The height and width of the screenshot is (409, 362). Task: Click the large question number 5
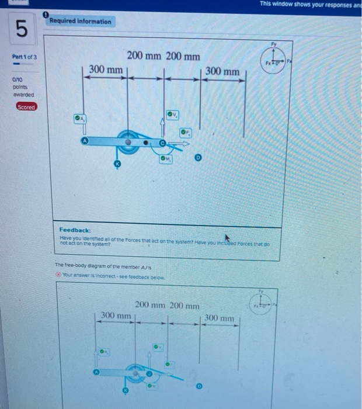point(21,29)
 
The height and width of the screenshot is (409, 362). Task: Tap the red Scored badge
point(26,107)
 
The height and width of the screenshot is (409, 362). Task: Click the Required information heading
point(80,22)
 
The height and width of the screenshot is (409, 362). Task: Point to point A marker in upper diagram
point(85,140)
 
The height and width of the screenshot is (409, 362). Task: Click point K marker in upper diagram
point(117,166)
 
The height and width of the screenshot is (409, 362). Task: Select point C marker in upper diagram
point(163,143)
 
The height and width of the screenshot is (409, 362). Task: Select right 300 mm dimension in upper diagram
point(222,71)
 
